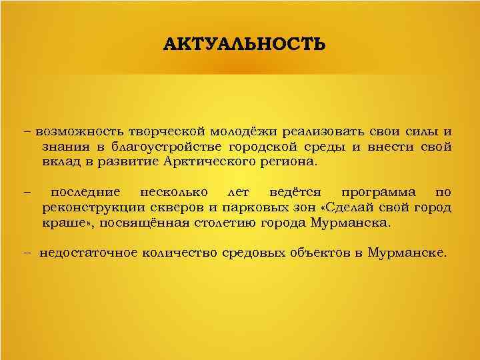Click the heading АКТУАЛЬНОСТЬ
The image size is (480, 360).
click(x=245, y=45)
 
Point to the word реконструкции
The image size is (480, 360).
click(x=89, y=208)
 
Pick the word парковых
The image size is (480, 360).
click(x=255, y=208)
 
